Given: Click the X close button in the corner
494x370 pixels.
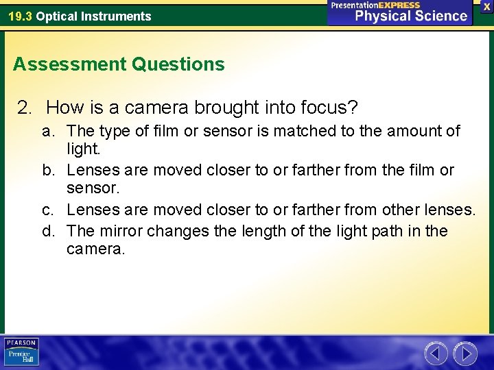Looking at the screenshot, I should point(486,6).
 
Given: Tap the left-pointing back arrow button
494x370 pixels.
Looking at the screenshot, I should point(436,354).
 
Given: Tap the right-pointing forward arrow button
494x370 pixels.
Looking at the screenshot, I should point(465,354).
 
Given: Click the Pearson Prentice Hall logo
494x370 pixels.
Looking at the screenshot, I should point(21,351).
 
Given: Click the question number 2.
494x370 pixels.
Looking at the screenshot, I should point(25,108).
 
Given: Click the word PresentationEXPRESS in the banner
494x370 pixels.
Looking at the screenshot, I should point(375,5).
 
